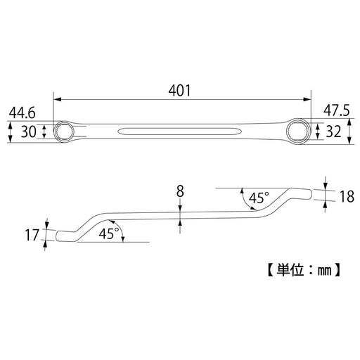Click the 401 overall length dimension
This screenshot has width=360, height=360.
[x=180, y=91]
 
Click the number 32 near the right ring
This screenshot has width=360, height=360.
[x=334, y=131]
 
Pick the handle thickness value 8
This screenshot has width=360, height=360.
[x=180, y=191]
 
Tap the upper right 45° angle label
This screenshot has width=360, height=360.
[x=259, y=198]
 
